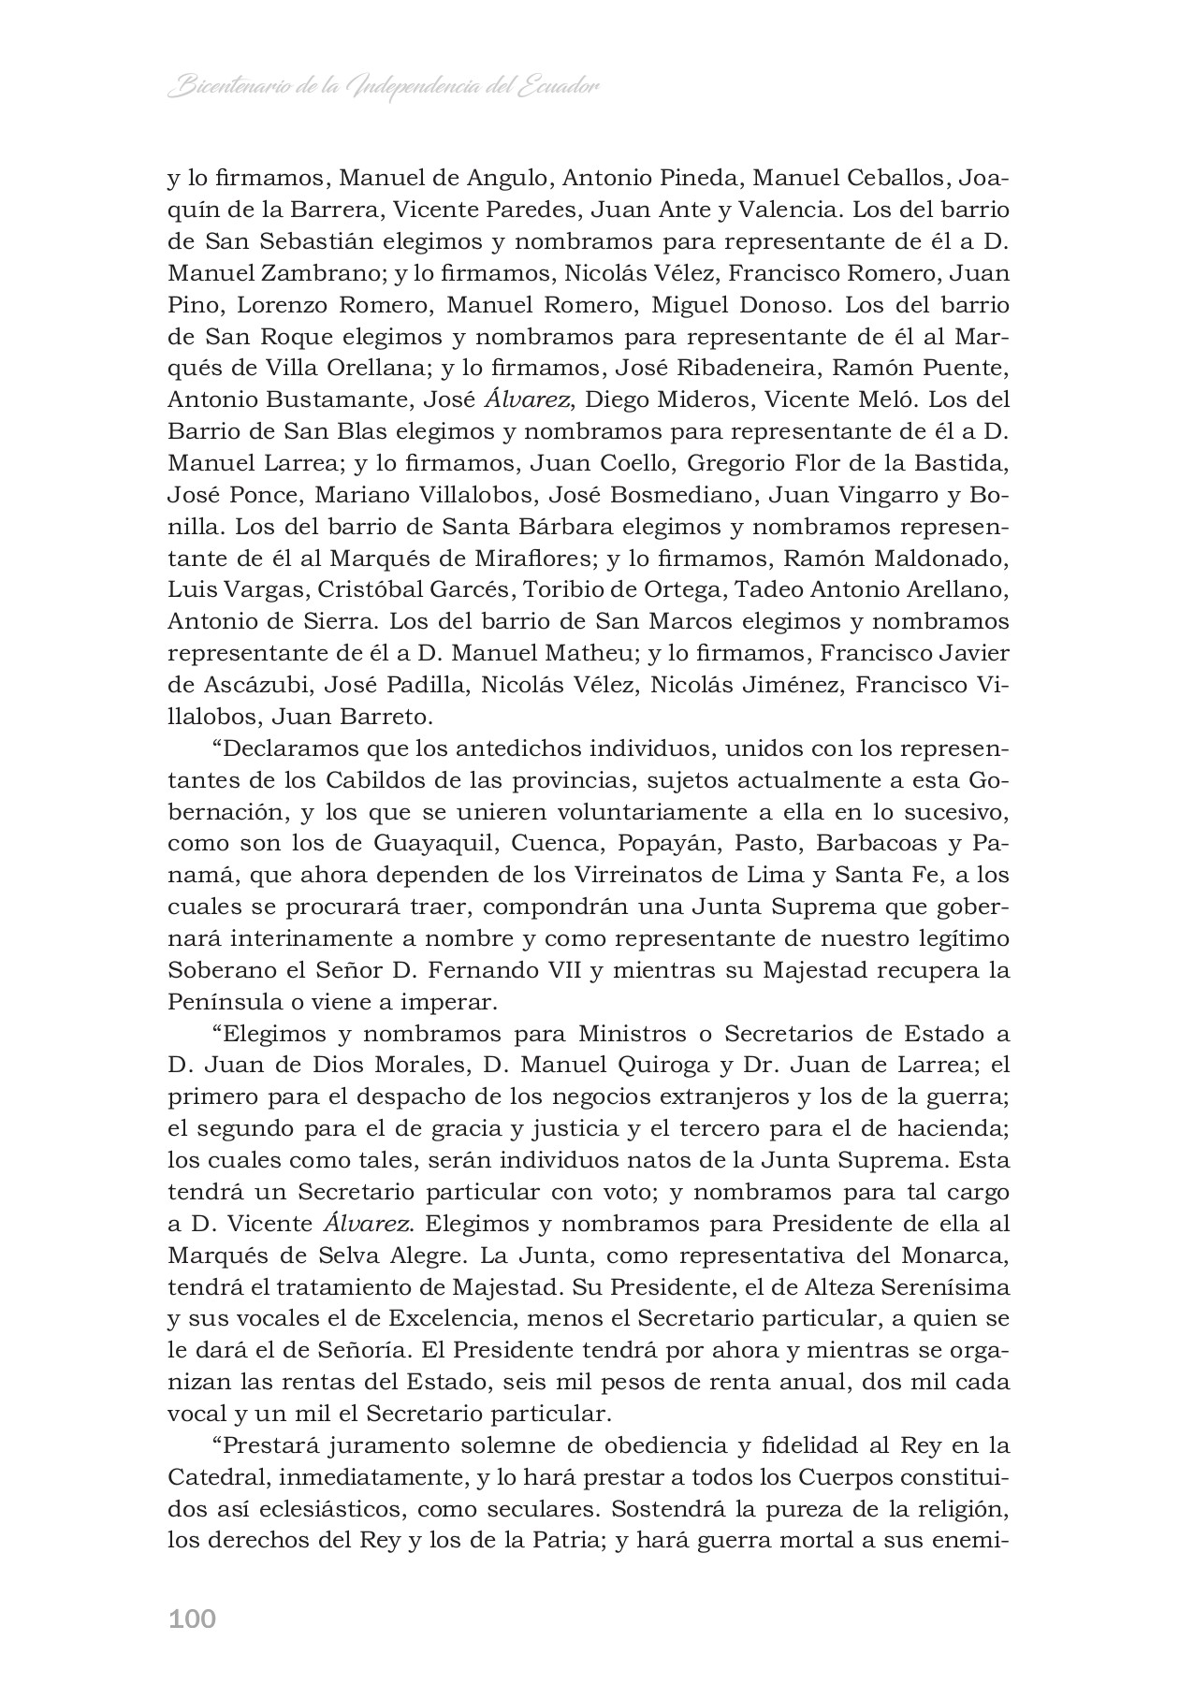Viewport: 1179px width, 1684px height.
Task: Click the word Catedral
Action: click(215, 1478)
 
